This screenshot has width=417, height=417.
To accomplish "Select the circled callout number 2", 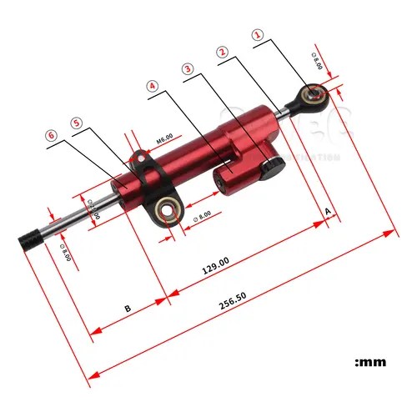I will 222,52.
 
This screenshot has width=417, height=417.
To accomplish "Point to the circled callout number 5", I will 77,122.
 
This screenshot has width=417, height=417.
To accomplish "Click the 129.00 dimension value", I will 215,269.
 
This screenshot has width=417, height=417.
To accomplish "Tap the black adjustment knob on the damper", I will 270,168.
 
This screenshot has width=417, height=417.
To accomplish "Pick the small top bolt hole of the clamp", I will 143,155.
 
